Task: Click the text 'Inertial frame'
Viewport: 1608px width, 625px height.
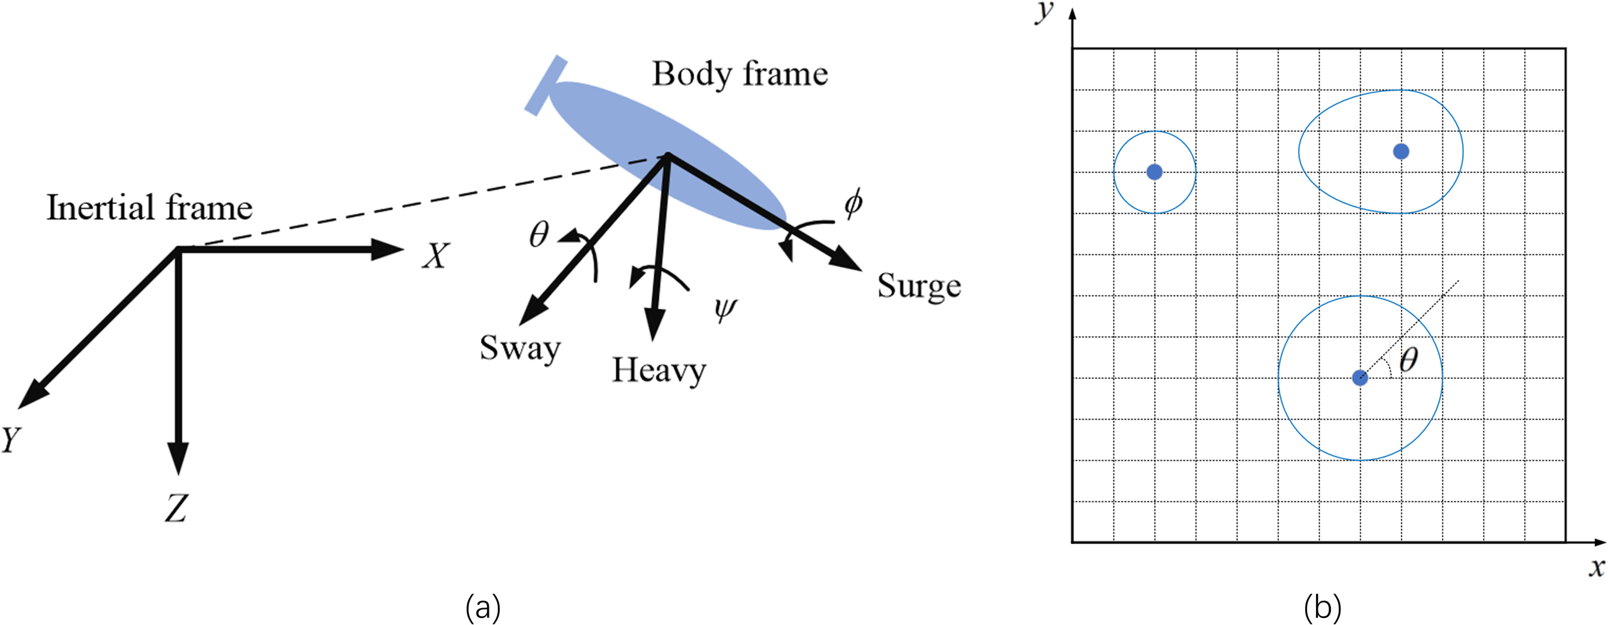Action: pos(149,208)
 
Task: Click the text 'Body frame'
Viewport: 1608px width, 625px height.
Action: pos(740,74)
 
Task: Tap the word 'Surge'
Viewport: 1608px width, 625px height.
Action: pos(918,286)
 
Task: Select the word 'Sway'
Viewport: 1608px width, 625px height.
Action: pos(520,348)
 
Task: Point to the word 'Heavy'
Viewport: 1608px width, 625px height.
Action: pos(659,371)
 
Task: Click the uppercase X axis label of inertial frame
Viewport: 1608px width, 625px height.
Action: pos(435,256)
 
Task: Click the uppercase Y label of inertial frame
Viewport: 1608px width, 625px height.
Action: pos(11,440)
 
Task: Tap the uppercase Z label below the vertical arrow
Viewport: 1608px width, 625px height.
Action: pos(176,508)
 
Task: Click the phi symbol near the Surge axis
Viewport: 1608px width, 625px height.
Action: pos(853,203)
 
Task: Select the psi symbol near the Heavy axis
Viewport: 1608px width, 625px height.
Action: pos(725,310)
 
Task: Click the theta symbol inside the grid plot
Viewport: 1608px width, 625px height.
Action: pos(1409,360)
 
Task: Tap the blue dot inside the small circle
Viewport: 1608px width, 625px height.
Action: pos(1155,172)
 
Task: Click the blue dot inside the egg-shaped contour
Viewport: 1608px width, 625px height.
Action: pos(1401,151)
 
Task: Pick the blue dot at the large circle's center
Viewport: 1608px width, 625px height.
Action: pos(1360,378)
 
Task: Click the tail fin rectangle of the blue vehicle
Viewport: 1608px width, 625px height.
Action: pos(545,86)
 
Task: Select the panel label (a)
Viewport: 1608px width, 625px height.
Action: pos(482,607)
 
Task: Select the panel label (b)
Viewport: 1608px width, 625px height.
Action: pos(1322,607)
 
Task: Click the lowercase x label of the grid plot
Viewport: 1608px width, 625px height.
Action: pos(1596,568)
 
